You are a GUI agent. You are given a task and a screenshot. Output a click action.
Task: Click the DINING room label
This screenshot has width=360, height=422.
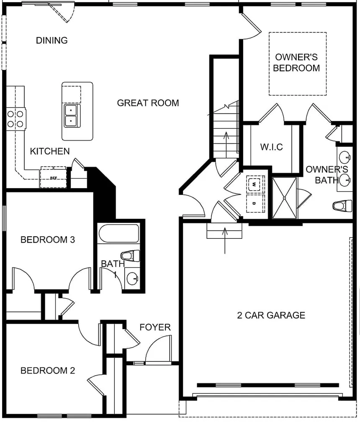[51, 41]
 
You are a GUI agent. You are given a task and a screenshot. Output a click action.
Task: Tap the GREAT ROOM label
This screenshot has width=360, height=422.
[148, 103]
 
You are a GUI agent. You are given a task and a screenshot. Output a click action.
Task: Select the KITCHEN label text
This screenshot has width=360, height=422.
[50, 151]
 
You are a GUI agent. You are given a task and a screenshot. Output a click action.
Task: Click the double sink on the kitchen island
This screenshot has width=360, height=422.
[72, 115]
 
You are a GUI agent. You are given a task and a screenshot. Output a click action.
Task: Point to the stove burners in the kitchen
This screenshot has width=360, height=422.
[15, 118]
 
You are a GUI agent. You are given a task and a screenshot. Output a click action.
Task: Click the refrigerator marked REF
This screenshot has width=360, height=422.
[54, 178]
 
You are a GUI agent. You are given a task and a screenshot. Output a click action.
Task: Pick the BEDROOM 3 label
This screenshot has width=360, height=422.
[48, 240]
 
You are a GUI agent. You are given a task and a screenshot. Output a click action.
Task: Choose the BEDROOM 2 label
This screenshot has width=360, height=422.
[48, 371]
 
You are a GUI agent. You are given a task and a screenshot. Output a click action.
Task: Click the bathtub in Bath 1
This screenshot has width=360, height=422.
[118, 233]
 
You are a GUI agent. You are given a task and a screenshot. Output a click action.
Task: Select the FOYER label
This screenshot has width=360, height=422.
[155, 327]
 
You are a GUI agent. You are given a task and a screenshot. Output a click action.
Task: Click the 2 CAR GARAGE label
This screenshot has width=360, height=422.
[271, 315]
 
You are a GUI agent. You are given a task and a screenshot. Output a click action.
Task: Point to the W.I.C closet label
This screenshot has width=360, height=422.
[271, 147]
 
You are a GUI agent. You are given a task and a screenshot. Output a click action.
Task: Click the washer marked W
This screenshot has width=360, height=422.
[255, 184]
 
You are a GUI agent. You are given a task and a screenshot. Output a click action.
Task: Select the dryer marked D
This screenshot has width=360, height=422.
[255, 203]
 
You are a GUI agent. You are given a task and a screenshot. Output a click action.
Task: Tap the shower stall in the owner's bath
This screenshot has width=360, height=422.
[285, 198]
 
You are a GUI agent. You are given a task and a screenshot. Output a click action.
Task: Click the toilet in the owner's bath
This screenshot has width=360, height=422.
[343, 205]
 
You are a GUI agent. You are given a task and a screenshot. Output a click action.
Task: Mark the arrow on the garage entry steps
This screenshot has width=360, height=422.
[225, 240]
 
